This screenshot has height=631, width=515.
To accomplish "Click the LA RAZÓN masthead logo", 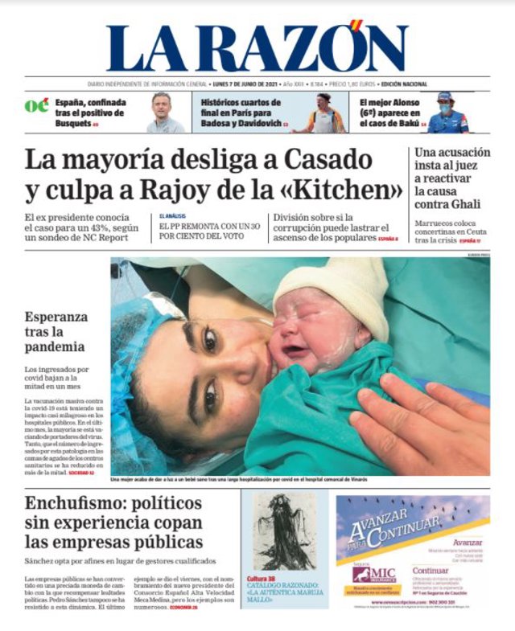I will click(256, 47).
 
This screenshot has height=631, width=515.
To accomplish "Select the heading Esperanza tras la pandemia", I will click(56, 331).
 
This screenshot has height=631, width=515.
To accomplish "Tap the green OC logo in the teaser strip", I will click(36, 105).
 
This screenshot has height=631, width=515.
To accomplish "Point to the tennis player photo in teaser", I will click(322, 113).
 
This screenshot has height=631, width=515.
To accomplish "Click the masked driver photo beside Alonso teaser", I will click(446, 113).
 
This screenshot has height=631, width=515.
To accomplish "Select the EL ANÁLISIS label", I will click(172, 216).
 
